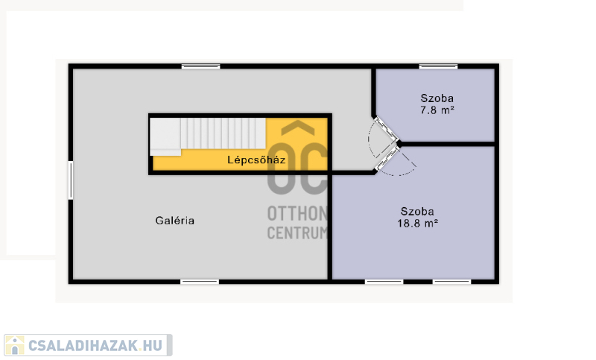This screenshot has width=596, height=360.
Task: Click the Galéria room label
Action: point(175,221)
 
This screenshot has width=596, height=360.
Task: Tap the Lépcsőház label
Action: point(256,160)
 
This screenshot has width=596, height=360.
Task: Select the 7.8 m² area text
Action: point(437,110)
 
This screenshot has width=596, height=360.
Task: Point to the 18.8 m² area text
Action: point(418,223)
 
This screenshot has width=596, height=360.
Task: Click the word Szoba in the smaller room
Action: point(437,98)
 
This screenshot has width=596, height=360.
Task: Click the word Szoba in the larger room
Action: point(417,211)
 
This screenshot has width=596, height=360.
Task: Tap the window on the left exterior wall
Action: point(71,180)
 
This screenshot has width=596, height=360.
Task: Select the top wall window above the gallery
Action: point(200,66)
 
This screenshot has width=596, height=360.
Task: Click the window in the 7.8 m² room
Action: point(438,66)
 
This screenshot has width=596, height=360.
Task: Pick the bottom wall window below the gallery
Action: point(200,282)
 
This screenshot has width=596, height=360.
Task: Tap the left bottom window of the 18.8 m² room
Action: point(384,282)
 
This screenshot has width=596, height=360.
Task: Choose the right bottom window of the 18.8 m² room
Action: point(451,282)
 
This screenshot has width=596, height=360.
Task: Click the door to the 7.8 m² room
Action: point(386,129)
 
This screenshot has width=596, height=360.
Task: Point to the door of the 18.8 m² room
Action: point(386,159)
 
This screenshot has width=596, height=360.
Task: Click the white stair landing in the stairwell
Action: point(165,137)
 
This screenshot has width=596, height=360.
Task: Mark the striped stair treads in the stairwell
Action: point(223,133)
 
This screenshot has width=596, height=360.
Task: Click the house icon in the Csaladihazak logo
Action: point(15,345)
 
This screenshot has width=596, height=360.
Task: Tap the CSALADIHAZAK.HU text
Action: point(95,346)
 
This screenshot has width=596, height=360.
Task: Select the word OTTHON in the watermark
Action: point(297,214)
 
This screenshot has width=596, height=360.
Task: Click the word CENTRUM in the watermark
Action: point(297,233)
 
